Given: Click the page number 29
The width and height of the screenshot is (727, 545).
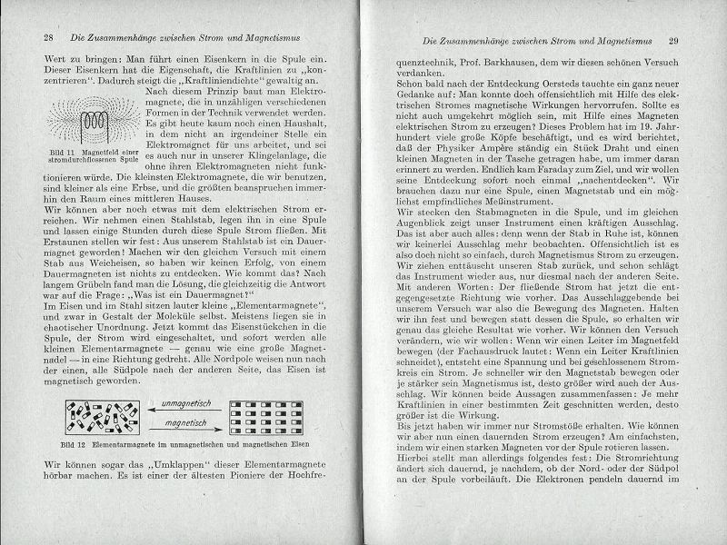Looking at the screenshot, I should point(673,41).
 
